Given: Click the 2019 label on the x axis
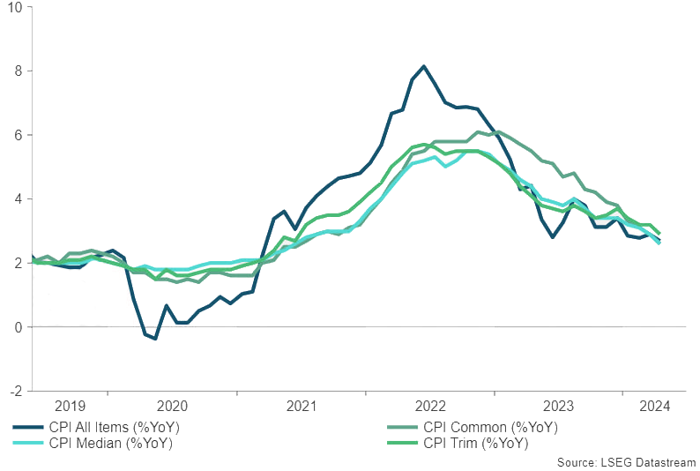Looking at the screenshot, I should click(x=71, y=407).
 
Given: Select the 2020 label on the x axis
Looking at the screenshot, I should click(x=172, y=407).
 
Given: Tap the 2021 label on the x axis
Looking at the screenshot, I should click(x=302, y=407).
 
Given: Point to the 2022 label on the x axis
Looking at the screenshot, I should click(x=430, y=407).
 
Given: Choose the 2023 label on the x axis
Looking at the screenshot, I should click(x=559, y=407).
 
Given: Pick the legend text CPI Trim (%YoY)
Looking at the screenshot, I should click(x=477, y=444).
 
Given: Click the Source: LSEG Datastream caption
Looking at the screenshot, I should click(x=626, y=462).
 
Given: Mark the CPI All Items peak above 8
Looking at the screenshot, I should click(x=424, y=66).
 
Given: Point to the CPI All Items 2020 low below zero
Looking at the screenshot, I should click(x=155, y=339).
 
